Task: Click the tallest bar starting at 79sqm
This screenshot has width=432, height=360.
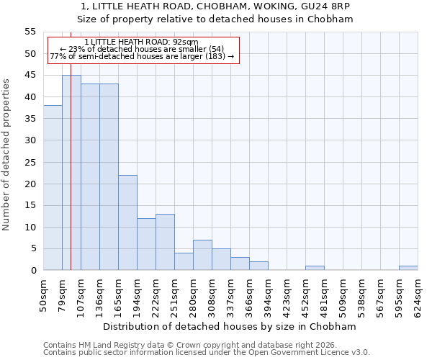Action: coord(71,173)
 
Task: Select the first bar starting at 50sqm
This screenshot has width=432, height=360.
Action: coord(53,188)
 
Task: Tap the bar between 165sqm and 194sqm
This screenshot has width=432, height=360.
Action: coord(127,222)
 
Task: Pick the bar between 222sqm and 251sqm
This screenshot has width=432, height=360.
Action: coord(165,242)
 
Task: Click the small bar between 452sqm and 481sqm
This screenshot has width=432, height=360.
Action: coord(315,268)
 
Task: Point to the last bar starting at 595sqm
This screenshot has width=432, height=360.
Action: coord(408,268)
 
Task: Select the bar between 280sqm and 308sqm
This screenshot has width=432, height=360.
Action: coord(202,255)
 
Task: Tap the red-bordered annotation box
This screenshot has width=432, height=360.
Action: coord(143,50)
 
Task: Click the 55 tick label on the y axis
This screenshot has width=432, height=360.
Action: coord(30,32)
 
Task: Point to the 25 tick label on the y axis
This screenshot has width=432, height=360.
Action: coord(30,162)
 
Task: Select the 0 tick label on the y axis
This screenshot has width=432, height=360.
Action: coord(33,271)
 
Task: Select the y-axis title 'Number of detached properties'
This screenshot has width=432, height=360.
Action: coord(6,154)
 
